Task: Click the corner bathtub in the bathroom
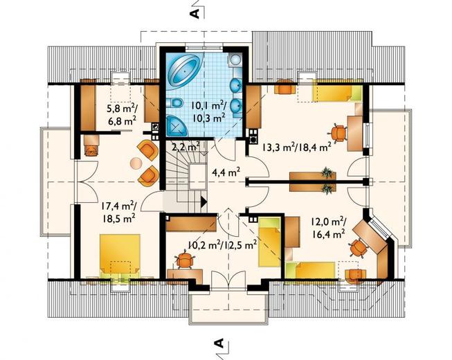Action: click(x=183, y=71)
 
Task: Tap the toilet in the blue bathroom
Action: click(x=174, y=102)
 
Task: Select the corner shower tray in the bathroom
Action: click(x=176, y=125)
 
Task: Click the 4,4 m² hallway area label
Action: click(x=226, y=172)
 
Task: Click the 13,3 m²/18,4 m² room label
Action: click(x=297, y=147)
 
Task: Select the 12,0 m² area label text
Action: click(x=329, y=222)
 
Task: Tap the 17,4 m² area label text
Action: click(x=119, y=206)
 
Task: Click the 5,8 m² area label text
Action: click(x=123, y=109)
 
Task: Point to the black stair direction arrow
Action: click(x=204, y=201)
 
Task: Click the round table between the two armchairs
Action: click(x=136, y=163)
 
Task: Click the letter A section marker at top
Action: click(x=195, y=14)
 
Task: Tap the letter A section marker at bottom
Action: click(x=219, y=343)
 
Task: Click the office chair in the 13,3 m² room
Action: click(x=338, y=133)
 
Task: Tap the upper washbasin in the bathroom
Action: click(x=236, y=86)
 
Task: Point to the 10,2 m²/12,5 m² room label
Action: click(x=223, y=245)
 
